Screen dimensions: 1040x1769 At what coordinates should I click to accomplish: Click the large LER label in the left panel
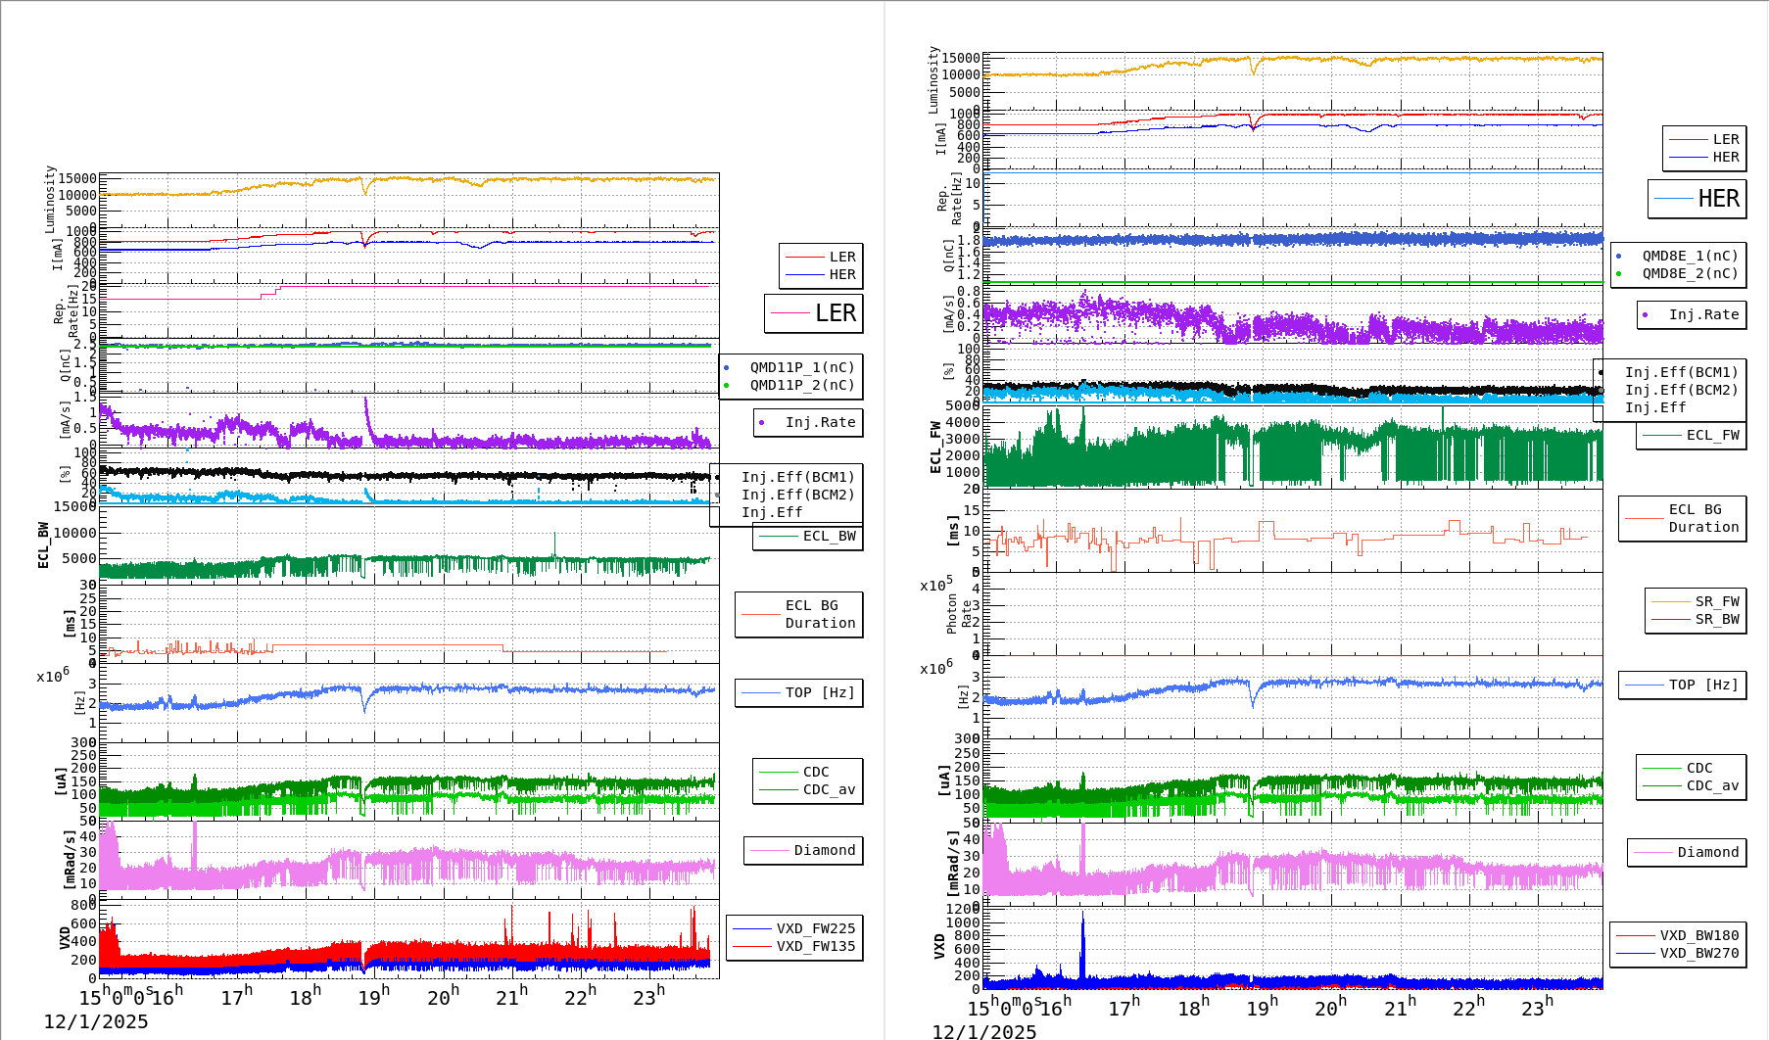pos(835,313)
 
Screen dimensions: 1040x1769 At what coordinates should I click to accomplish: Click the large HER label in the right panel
pos(1718,199)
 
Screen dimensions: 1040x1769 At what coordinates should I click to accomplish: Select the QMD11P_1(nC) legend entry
pos(801,367)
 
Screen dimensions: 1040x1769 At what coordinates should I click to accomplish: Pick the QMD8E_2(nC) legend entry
pos(1690,273)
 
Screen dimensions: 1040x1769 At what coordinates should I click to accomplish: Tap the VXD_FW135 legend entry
pos(815,946)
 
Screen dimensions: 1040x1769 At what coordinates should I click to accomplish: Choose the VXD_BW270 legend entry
pos(1698,953)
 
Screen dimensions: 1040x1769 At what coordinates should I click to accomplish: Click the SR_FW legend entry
pos(1716,601)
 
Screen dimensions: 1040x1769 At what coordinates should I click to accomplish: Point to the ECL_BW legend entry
pos(829,536)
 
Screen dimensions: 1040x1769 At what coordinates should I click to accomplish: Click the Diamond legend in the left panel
pos(824,850)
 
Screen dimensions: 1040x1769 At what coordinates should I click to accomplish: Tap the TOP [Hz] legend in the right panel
pos(1703,685)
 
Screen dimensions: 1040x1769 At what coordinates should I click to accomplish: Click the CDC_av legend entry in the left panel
pos(829,789)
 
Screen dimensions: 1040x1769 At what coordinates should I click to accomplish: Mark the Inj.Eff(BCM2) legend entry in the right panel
pos(1681,390)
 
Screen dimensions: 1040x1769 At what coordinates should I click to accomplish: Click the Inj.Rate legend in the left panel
pos(820,422)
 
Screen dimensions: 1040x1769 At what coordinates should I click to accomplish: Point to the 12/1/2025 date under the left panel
pos(96,1021)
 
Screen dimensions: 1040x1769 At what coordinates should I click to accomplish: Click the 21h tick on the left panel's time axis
pos(510,997)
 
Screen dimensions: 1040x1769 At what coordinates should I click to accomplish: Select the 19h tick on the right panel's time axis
pos(1259,1008)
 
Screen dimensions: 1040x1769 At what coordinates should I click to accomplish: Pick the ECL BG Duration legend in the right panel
pos(1703,518)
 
